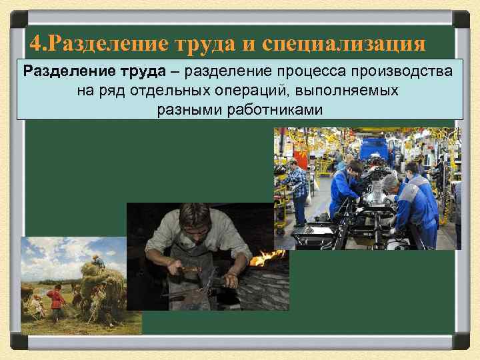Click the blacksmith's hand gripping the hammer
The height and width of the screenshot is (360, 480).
pos(177,269)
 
